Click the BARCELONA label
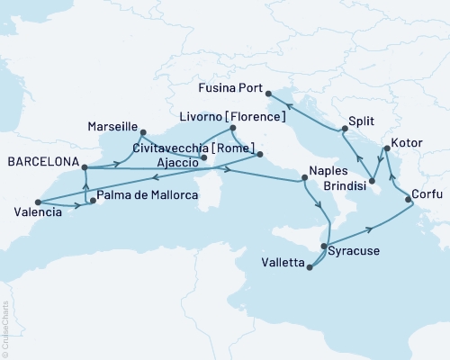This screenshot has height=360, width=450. click(40, 166)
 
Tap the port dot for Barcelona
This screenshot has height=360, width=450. click(84, 166)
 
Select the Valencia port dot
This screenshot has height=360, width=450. click(38, 202)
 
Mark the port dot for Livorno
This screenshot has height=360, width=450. click(233, 128)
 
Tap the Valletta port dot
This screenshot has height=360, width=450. click(310, 266)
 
